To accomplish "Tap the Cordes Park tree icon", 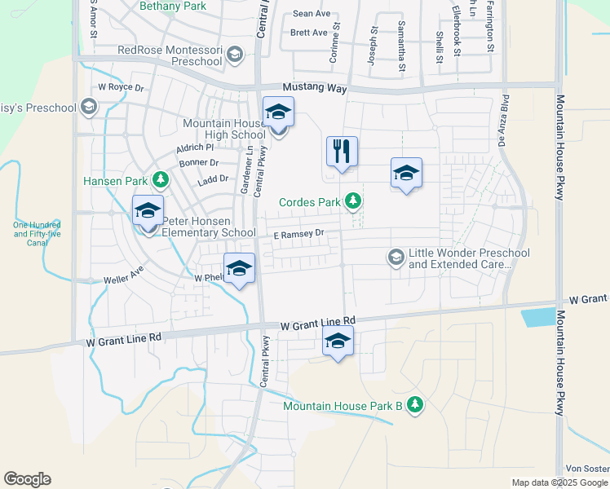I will (353, 200).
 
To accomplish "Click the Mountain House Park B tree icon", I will (415, 404).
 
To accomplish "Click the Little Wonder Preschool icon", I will (396, 258).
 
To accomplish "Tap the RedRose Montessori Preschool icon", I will (234, 55).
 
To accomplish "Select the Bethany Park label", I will (173, 6).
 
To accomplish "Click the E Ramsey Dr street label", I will (298, 233).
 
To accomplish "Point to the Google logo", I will (27, 479).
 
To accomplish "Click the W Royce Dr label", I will (121, 86).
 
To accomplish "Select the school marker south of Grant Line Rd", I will (338, 343).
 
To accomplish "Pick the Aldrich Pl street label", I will (195, 148).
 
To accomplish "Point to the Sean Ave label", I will (311, 14).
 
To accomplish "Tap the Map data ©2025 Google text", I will (559, 482).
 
